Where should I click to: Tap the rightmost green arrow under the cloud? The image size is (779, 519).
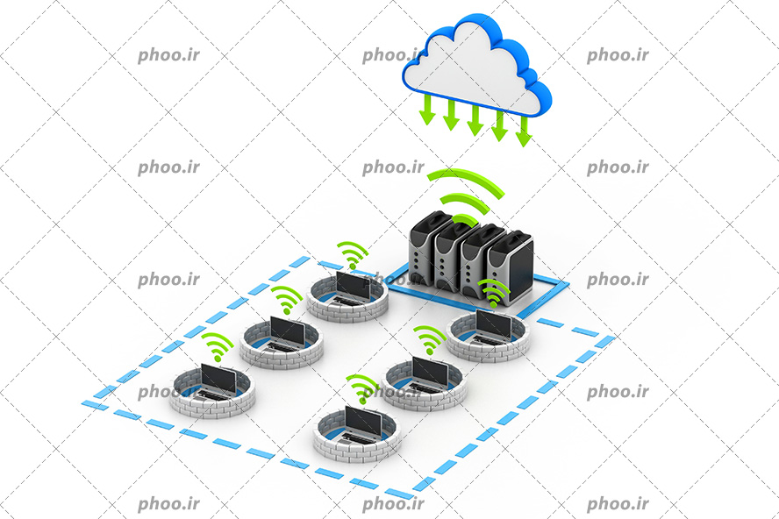(x=524, y=132)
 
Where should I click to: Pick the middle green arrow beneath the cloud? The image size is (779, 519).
(x=475, y=120)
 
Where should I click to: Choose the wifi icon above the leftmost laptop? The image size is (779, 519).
(x=217, y=345)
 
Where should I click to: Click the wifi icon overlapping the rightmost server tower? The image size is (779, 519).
(x=493, y=293)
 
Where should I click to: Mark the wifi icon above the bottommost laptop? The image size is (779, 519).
(x=362, y=388)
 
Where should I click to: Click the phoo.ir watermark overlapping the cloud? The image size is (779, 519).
(x=393, y=55)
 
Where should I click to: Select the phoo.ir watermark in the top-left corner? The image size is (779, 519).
(x=169, y=55)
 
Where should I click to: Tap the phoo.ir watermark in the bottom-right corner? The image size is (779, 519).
(x=618, y=503)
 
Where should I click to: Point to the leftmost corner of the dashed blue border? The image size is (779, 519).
(x=82, y=403)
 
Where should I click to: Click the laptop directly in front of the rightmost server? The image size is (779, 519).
(x=492, y=328)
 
